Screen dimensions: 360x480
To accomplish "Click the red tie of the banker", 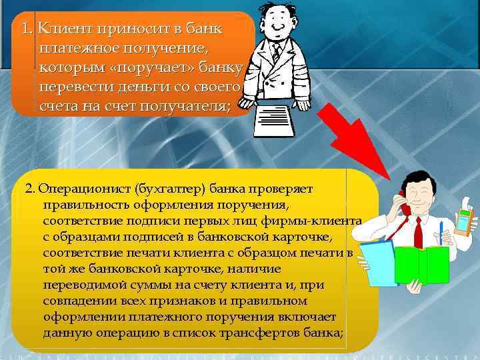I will [x=418, y=231].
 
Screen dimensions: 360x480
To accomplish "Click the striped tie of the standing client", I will [x=276, y=53].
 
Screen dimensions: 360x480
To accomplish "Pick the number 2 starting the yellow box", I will [x=29, y=189].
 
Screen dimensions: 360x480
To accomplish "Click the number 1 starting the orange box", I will [x=25, y=30].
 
